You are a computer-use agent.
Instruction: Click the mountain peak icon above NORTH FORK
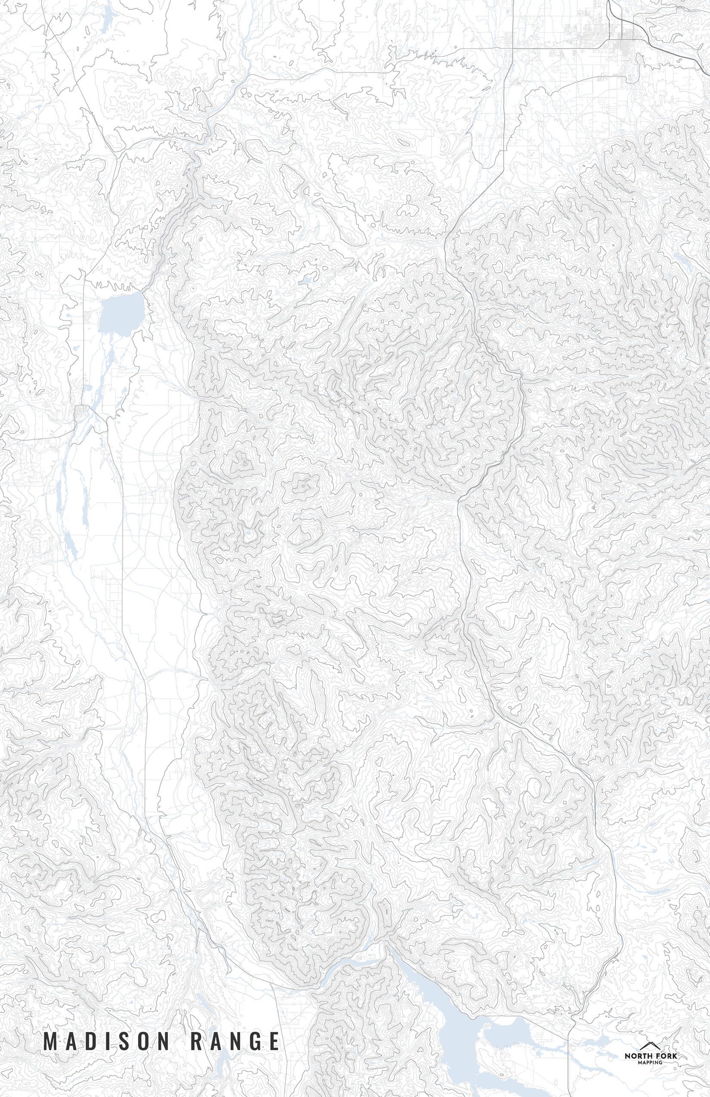click(651, 1031)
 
